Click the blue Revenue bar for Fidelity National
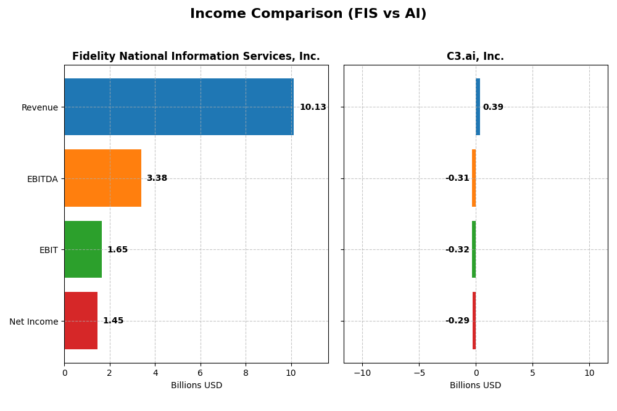click(x=179, y=107)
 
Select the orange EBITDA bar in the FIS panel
click(x=102, y=178)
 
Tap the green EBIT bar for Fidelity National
click(x=83, y=249)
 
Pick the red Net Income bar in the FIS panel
click(x=81, y=321)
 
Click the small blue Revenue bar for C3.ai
click(x=478, y=107)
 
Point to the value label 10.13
click(x=313, y=107)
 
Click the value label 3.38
click(x=157, y=178)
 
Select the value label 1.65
click(x=117, y=250)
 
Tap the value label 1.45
click(x=113, y=321)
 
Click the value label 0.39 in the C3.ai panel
click(x=493, y=107)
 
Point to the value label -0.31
click(x=457, y=178)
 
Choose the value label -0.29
click(x=457, y=321)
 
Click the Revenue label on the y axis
click(x=39, y=108)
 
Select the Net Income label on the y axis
click(x=33, y=322)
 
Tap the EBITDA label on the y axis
click(x=42, y=179)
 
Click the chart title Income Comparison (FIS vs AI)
click(x=308, y=14)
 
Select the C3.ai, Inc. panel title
click(x=475, y=57)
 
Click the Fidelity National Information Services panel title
click(x=196, y=57)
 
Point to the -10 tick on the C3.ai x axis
click(x=362, y=373)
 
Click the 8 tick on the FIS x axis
click(x=246, y=373)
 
